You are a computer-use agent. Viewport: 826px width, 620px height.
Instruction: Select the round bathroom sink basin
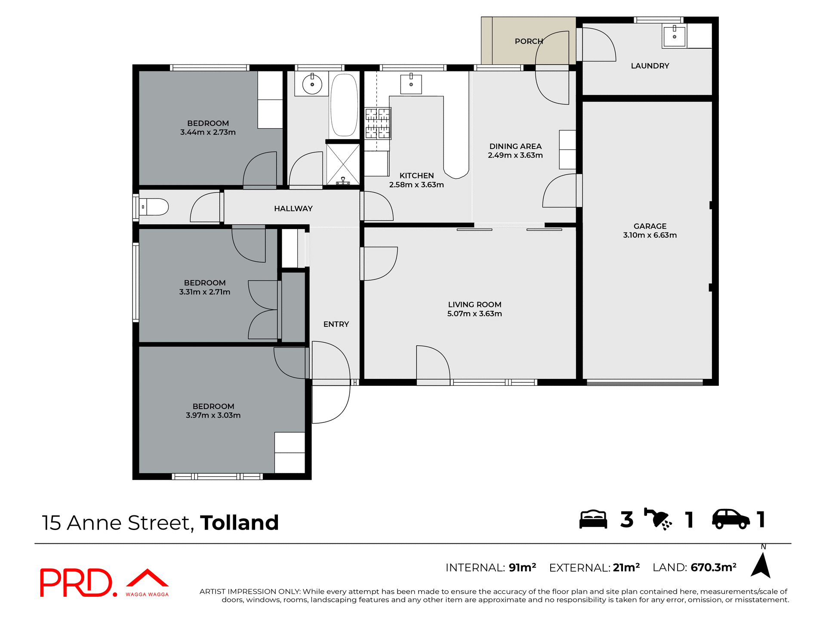point(312,84)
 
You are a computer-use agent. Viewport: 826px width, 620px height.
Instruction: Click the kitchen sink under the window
point(411,84)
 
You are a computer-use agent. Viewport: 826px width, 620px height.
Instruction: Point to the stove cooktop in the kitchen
point(378,123)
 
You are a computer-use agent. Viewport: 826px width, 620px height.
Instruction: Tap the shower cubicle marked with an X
point(343,164)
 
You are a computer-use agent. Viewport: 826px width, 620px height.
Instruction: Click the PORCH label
point(529,41)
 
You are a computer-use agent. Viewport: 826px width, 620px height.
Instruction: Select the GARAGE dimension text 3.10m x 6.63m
point(650,235)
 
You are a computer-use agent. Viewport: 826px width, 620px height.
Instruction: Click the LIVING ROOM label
point(475,304)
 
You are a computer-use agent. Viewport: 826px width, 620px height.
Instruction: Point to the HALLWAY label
point(293,208)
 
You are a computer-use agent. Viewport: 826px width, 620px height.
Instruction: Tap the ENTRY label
point(336,324)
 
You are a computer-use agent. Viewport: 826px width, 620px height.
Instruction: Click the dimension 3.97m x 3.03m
point(213,415)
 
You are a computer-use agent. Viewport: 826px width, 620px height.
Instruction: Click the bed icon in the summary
point(593,519)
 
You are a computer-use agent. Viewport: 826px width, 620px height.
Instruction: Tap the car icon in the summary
point(730,519)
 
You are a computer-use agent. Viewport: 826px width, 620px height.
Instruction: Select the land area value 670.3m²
point(713,567)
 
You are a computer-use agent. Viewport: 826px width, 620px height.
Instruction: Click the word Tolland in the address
point(239,523)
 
